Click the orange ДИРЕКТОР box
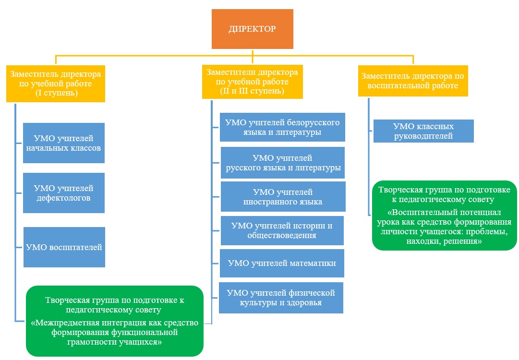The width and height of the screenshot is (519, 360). [252, 29]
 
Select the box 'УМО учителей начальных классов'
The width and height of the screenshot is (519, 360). [63, 143]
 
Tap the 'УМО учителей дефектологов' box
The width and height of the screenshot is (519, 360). [63, 193]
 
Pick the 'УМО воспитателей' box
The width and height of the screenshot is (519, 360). [64, 247]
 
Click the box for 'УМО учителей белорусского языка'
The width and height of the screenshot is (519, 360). [282, 127]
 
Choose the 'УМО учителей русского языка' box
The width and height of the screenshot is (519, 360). [283, 163]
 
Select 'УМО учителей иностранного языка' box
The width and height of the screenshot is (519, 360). [283, 196]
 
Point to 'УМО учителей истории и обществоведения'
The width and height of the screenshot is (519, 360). [282, 230]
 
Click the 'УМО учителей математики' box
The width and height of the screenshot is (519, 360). [282, 264]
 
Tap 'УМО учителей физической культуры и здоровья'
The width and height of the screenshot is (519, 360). [281, 298]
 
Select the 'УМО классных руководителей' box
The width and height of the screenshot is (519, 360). [423, 131]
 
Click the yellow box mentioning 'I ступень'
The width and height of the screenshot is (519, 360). [56, 84]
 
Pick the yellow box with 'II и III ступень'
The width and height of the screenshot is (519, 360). [252, 82]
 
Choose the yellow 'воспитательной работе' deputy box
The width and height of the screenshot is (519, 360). [413, 81]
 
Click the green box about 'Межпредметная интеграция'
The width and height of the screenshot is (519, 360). [115, 321]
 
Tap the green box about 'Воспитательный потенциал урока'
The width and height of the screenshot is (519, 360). [444, 216]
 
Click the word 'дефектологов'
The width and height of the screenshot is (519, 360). [63, 198]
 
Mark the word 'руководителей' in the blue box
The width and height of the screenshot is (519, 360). [423, 136]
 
